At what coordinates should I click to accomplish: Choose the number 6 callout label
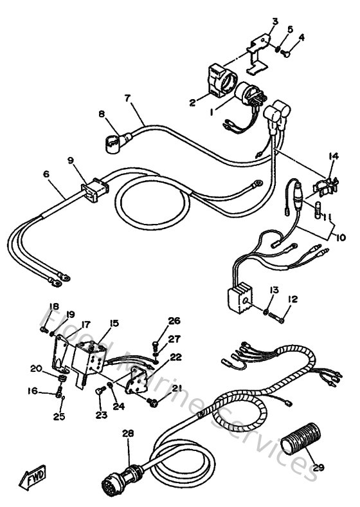point(45,174)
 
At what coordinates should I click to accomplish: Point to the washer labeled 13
point(265,311)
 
